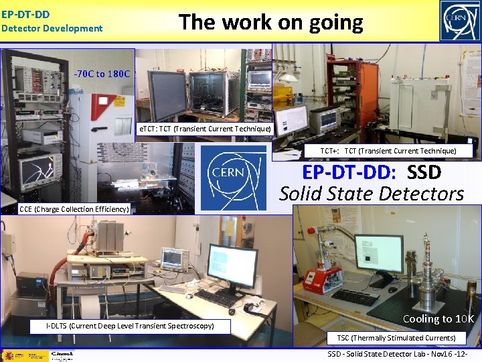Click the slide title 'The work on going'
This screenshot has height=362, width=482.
270,23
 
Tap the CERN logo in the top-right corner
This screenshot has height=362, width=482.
459,21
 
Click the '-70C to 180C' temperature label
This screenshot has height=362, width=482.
103,74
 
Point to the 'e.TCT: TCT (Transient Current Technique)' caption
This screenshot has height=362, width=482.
204,129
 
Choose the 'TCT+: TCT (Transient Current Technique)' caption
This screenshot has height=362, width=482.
388,152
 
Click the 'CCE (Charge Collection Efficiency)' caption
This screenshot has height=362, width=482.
74,209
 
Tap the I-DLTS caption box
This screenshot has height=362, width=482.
130,326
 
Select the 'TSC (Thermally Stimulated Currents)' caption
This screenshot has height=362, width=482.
396,338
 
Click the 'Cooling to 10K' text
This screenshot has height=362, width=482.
438,319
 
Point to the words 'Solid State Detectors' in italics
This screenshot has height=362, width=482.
372,194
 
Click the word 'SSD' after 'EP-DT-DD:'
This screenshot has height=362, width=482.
424,173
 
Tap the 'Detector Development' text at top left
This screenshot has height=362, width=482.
52,28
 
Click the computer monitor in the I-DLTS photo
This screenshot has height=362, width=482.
232,266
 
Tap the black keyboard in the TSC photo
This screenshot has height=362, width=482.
355,297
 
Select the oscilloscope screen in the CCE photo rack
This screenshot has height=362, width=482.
37,172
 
